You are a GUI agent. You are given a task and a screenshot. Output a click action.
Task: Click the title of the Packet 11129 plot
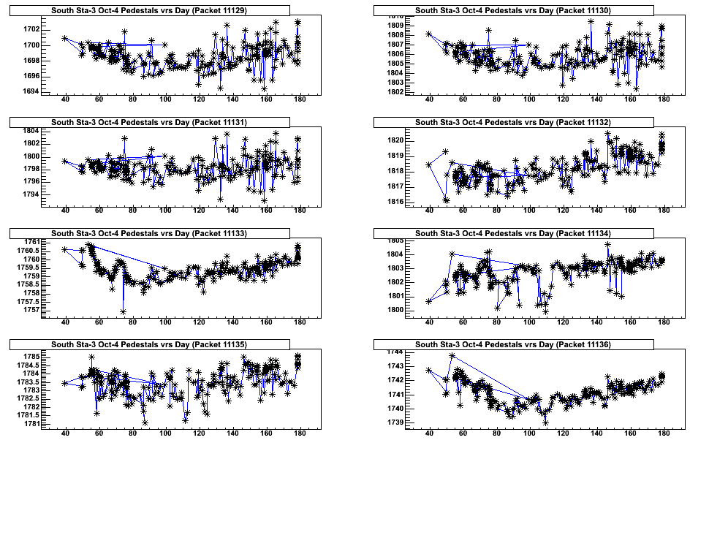(149, 10)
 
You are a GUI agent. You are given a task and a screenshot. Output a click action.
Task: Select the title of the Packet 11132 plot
(513, 122)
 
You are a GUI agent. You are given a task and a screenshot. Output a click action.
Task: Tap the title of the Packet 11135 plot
(149, 344)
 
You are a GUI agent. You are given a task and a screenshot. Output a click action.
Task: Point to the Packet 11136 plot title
(513, 344)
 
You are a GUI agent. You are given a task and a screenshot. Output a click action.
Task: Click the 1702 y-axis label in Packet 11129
(31, 29)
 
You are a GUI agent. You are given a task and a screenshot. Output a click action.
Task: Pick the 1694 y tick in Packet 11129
(31, 91)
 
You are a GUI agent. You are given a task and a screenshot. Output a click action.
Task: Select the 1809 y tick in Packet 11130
(395, 26)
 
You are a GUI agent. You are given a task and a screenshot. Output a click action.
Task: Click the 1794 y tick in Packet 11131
(31, 194)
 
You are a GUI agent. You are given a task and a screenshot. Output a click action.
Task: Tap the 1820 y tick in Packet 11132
(395, 140)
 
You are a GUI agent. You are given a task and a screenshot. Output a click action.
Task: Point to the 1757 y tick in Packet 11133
(31, 310)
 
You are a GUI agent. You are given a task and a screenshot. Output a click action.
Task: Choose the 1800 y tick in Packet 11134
(395, 310)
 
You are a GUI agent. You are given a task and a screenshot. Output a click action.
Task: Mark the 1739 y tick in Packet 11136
(395, 423)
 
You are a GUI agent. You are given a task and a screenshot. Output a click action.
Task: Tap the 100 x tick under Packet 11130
(529, 100)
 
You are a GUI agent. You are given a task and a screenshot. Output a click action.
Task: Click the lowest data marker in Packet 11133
(124, 312)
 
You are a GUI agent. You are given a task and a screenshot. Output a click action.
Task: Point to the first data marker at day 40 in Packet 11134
(429, 301)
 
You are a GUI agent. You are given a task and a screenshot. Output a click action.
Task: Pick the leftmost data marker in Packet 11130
(429, 34)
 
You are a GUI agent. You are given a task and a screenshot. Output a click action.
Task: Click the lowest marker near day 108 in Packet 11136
(545, 423)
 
